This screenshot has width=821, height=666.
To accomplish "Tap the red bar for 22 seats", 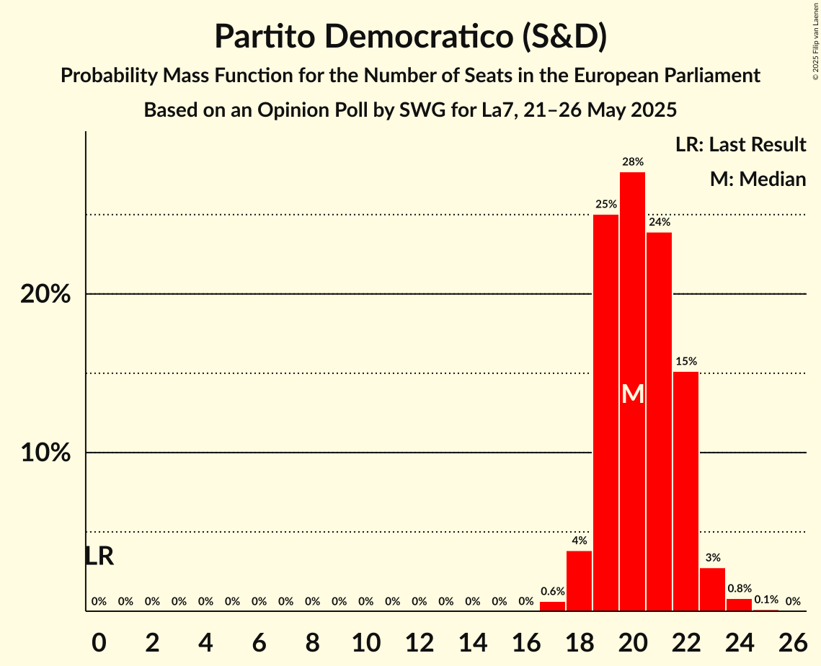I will [685, 491].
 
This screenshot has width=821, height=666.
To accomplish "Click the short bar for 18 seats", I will [579, 581].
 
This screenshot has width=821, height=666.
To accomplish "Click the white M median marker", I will [632, 394].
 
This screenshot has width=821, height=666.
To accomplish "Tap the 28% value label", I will [632, 162].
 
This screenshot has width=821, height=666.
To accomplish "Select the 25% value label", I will [605, 205].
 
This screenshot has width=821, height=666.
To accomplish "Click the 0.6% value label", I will [552, 592].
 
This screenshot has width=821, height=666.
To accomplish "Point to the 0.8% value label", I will [739, 589].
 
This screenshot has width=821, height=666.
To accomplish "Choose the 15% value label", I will [685, 361].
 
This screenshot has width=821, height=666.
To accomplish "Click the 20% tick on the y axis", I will [45, 295].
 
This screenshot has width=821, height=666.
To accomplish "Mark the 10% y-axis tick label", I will [45, 453].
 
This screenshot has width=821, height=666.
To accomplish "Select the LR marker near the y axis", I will [99, 556].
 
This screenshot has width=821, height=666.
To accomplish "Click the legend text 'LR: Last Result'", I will [740, 145].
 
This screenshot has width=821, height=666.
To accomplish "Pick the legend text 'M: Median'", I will [758, 179].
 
